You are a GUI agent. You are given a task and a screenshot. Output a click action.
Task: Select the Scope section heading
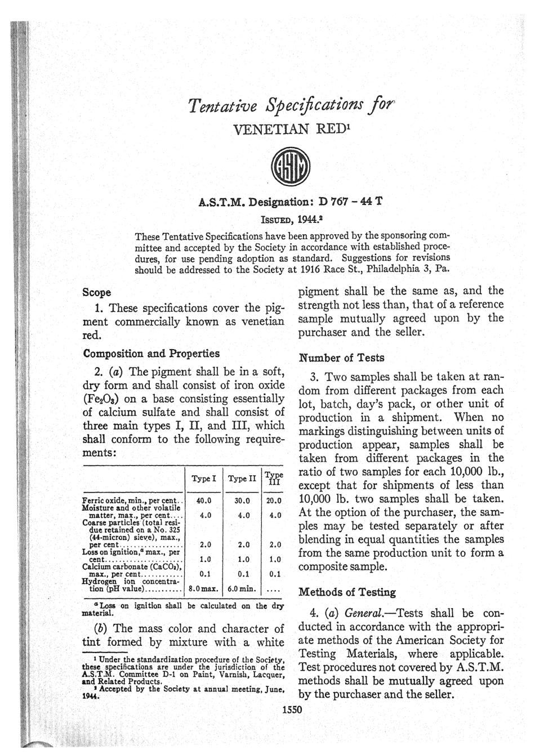coord(97,293)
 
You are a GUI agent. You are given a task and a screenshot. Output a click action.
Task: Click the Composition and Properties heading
coord(151,354)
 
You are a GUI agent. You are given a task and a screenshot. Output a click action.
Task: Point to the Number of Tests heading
coord(341,358)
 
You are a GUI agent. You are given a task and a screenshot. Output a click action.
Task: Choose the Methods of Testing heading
coord(347,592)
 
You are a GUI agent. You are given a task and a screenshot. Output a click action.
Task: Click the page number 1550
coord(292,709)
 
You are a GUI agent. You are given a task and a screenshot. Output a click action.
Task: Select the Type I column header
coord(204,479)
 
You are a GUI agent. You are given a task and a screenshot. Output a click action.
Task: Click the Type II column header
coord(242,479)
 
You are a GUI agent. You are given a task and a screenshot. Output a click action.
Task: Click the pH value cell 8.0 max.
coord(203,590)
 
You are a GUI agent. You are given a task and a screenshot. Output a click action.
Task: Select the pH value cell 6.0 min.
coord(242,590)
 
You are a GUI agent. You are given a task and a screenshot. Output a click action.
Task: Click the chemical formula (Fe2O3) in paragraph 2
coord(102,399)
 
